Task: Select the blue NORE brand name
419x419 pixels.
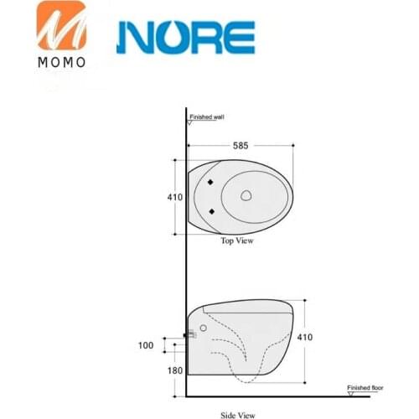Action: coord(185,37)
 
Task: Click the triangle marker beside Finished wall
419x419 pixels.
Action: coord(190,123)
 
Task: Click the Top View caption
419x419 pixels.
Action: coord(237,241)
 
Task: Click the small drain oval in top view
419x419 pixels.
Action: coord(247,196)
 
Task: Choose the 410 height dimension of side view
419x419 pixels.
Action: coord(308,339)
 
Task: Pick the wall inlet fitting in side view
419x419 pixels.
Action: coord(190,336)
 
